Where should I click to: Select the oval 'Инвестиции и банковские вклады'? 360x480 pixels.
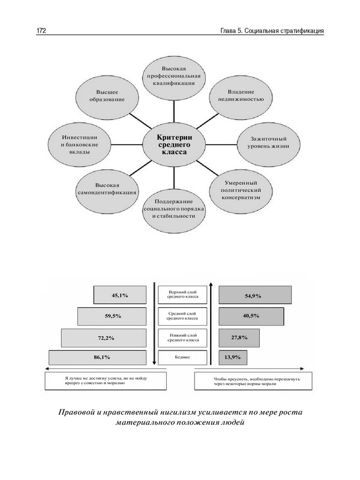coord(76,144)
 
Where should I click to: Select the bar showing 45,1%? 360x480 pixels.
coord(120,295)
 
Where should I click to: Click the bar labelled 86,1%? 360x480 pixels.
coord(100,358)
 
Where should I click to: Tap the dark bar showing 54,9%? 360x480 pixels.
coord(255,295)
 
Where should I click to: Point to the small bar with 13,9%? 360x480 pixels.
coord(232,358)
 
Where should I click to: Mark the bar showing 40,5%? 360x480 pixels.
coord(250,316)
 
